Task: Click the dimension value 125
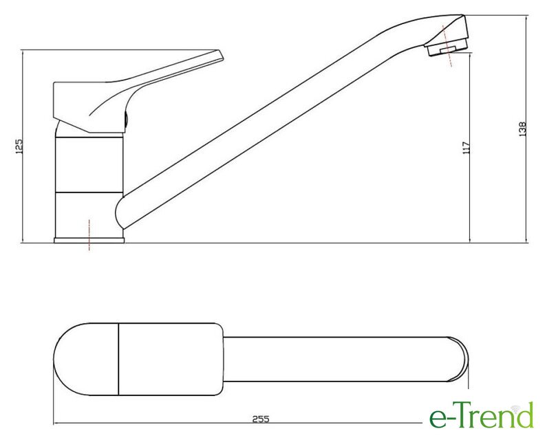[x=19, y=146]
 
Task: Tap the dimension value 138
[x=523, y=129]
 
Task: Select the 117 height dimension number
[x=467, y=147]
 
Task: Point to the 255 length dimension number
[x=261, y=419]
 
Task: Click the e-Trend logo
[x=482, y=415]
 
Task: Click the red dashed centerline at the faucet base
[x=89, y=234]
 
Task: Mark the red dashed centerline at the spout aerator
[x=447, y=46]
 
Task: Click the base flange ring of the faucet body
[x=89, y=240]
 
